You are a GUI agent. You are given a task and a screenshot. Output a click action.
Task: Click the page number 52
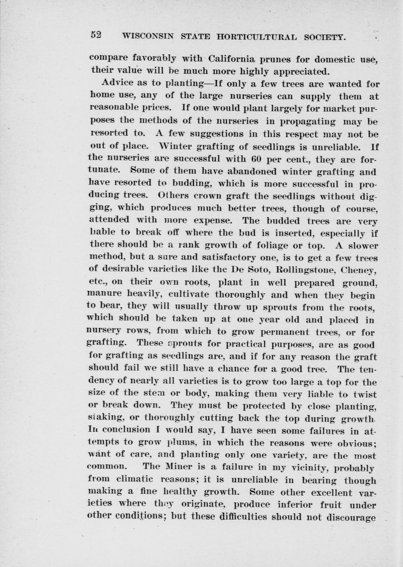tap(96, 35)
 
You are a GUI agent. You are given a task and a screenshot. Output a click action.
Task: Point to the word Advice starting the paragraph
tap(118, 83)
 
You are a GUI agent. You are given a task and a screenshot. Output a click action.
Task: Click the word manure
tap(105, 294)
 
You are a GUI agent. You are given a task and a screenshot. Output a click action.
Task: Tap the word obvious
tap(354, 443)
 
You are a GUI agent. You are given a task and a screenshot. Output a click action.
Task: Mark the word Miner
tap(175, 467)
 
